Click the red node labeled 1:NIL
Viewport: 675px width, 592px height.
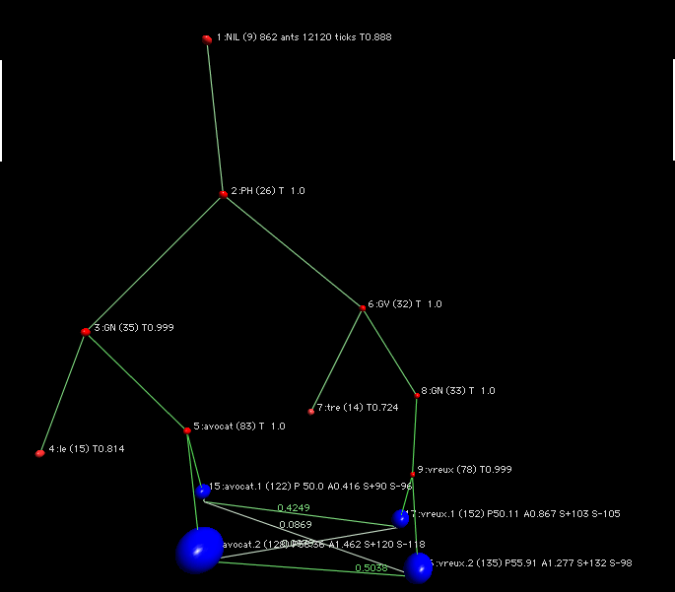pos(207,38)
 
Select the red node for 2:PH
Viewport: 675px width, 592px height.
pos(224,194)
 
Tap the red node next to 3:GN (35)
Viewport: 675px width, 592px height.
pos(86,331)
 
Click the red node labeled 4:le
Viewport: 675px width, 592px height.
pos(39,453)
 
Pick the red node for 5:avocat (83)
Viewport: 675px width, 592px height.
pos(187,430)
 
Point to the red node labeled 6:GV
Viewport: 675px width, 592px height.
pos(363,308)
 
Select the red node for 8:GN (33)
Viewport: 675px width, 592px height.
pos(417,395)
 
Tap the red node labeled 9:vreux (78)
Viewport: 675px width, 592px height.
pos(413,474)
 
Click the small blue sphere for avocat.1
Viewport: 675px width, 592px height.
pos(203,491)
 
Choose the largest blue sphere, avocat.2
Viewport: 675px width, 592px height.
pos(200,550)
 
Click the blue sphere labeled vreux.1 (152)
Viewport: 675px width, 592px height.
pos(401,517)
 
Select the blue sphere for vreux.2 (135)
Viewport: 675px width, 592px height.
pos(419,566)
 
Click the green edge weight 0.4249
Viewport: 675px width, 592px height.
pos(293,508)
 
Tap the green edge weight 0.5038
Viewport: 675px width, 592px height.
pos(371,566)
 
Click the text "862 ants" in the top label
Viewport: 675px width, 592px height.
pos(281,36)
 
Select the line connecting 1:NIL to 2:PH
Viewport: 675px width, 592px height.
pos(215,116)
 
